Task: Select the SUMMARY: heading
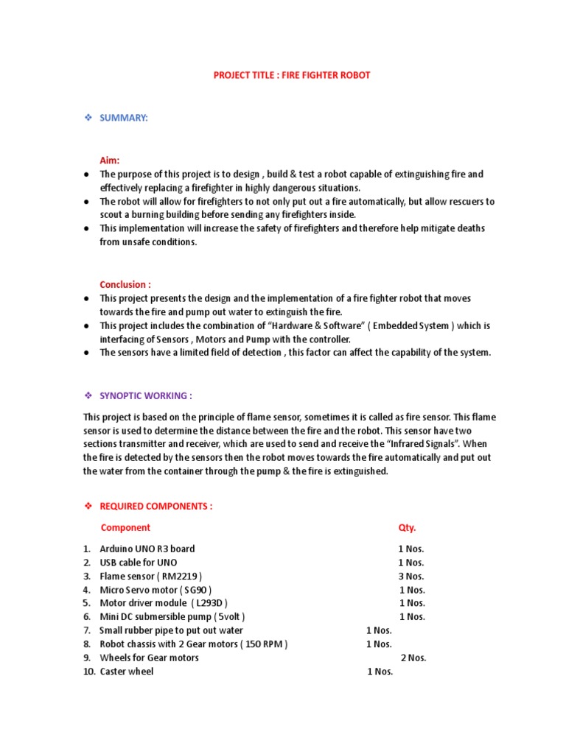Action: [x=124, y=118]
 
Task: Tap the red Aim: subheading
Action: [x=110, y=160]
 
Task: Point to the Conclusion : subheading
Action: [x=126, y=284]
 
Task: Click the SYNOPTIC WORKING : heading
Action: [x=146, y=395]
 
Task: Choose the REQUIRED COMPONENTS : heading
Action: [x=156, y=507]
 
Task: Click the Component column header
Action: [x=125, y=527]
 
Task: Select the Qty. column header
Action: [x=407, y=527]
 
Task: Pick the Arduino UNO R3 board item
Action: [x=147, y=549]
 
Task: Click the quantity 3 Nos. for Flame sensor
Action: [x=411, y=576]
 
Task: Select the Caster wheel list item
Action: [x=127, y=672]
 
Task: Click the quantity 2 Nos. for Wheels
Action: [x=413, y=658]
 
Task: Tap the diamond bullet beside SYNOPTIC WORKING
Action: [x=87, y=395]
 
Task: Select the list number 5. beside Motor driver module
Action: [x=86, y=603]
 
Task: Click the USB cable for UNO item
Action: [x=138, y=563]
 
